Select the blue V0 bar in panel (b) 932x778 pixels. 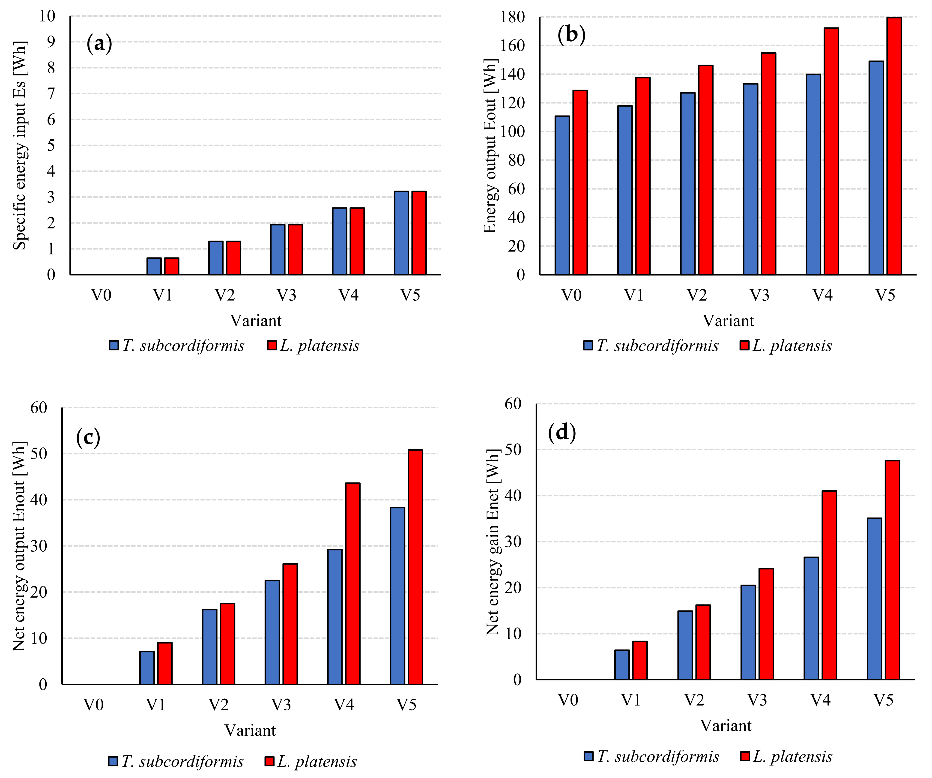click(562, 195)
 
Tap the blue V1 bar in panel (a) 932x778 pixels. click(154, 266)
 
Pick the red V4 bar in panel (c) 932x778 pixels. click(353, 583)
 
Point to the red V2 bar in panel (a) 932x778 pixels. click(233, 258)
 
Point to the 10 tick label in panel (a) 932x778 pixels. click(47, 16)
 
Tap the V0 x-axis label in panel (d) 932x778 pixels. click(568, 700)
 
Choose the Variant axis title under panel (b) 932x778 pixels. click(728, 320)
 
